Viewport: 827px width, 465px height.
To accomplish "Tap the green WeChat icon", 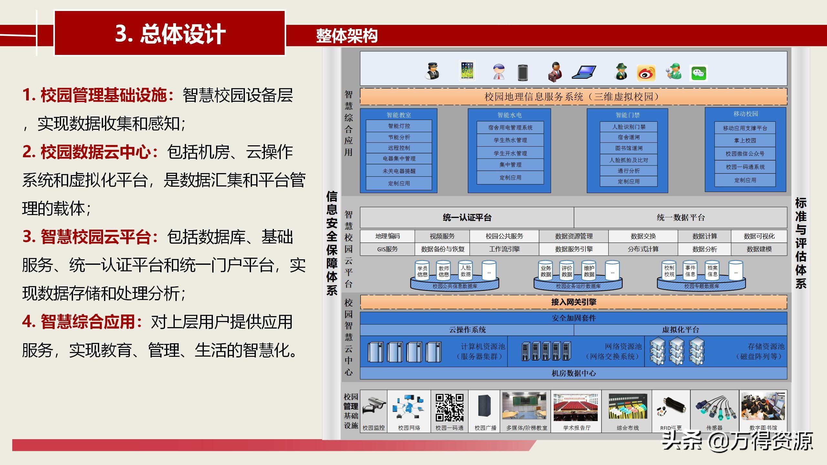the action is tap(698, 73).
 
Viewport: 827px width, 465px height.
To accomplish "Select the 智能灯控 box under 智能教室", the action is tap(399, 126).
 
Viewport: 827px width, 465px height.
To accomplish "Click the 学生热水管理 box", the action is tap(510, 140).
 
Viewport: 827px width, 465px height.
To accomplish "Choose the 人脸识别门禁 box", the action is tap(628, 127).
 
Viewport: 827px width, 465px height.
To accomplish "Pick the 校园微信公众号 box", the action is tap(745, 154).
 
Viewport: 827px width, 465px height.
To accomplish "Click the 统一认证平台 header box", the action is tap(467, 217).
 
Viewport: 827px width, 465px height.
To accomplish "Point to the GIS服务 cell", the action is tap(387, 249).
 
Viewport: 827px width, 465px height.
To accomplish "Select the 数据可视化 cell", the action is tap(759, 236).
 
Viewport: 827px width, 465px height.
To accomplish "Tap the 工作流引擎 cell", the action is tap(504, 249).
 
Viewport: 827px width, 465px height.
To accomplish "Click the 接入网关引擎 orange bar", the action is tap(573, 302).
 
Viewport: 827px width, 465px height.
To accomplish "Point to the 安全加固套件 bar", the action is tap(573, 318).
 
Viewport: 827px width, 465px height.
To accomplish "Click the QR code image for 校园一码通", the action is tap(449, 407).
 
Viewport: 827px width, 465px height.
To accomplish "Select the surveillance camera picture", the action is tap(374, 406).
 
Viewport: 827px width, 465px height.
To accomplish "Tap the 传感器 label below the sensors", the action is tap(714, 428).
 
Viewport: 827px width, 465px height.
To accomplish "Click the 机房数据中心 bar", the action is tap(573, 373).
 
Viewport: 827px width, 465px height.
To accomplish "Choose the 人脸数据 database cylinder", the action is tap(466, 271).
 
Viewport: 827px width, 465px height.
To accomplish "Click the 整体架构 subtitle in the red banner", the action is tap(347, 36).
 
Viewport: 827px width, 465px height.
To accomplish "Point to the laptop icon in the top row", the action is tap(584, 72).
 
